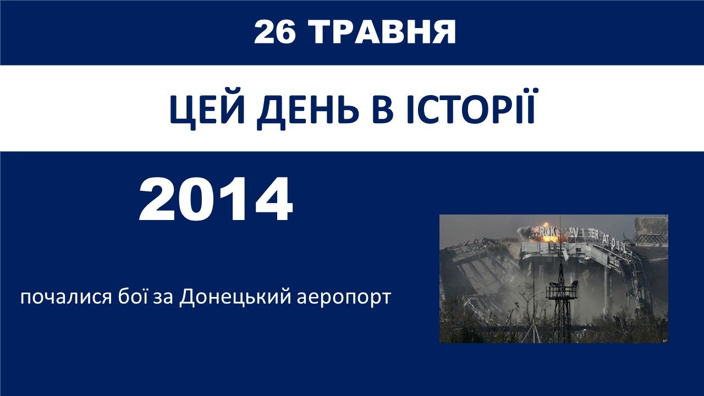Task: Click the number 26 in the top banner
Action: (275, 32)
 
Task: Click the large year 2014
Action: (216, 199)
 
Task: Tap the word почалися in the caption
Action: (66, 298)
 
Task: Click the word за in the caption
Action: (163, 298)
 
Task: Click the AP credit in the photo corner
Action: (664, 340)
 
